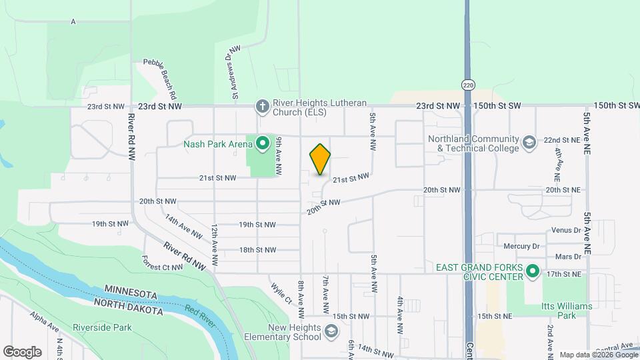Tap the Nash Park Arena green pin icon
click(263, 143)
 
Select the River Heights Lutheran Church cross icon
click(263, 107)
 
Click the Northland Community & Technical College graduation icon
click(529, 143)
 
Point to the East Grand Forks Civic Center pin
click(532, 271)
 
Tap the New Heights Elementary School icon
click(331, 331)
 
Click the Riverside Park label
click(103, 327)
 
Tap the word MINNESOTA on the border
click(131, 294)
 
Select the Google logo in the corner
click(22, 351)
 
